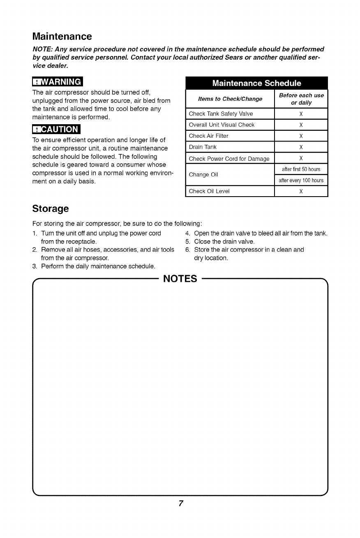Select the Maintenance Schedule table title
pyautogui.click(x=256, y=83)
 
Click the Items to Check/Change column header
pyautogui.click(x=230, y=99)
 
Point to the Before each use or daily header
pyautogui.click(x=301, y=99)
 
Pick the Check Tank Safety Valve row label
pyautogui.click(x=221, y=114)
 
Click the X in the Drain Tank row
pyautogui.click(x=301, y=147)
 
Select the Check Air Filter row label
pyautogui.click(x=208, y=136)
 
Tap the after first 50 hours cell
pyautogui.click(x=301, y=169)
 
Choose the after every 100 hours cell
pyautogui.click(x=301, y=181)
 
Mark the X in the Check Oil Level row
pyautogui.click(x=301, y=191)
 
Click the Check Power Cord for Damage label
pyautogui.click(x=229, y=158)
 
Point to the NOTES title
pyautogui.click(x=180, y=280)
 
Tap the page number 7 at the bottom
pyautogui.click(x=180, y=504)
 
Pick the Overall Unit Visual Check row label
pyautogui.click(x=222, y=125)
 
